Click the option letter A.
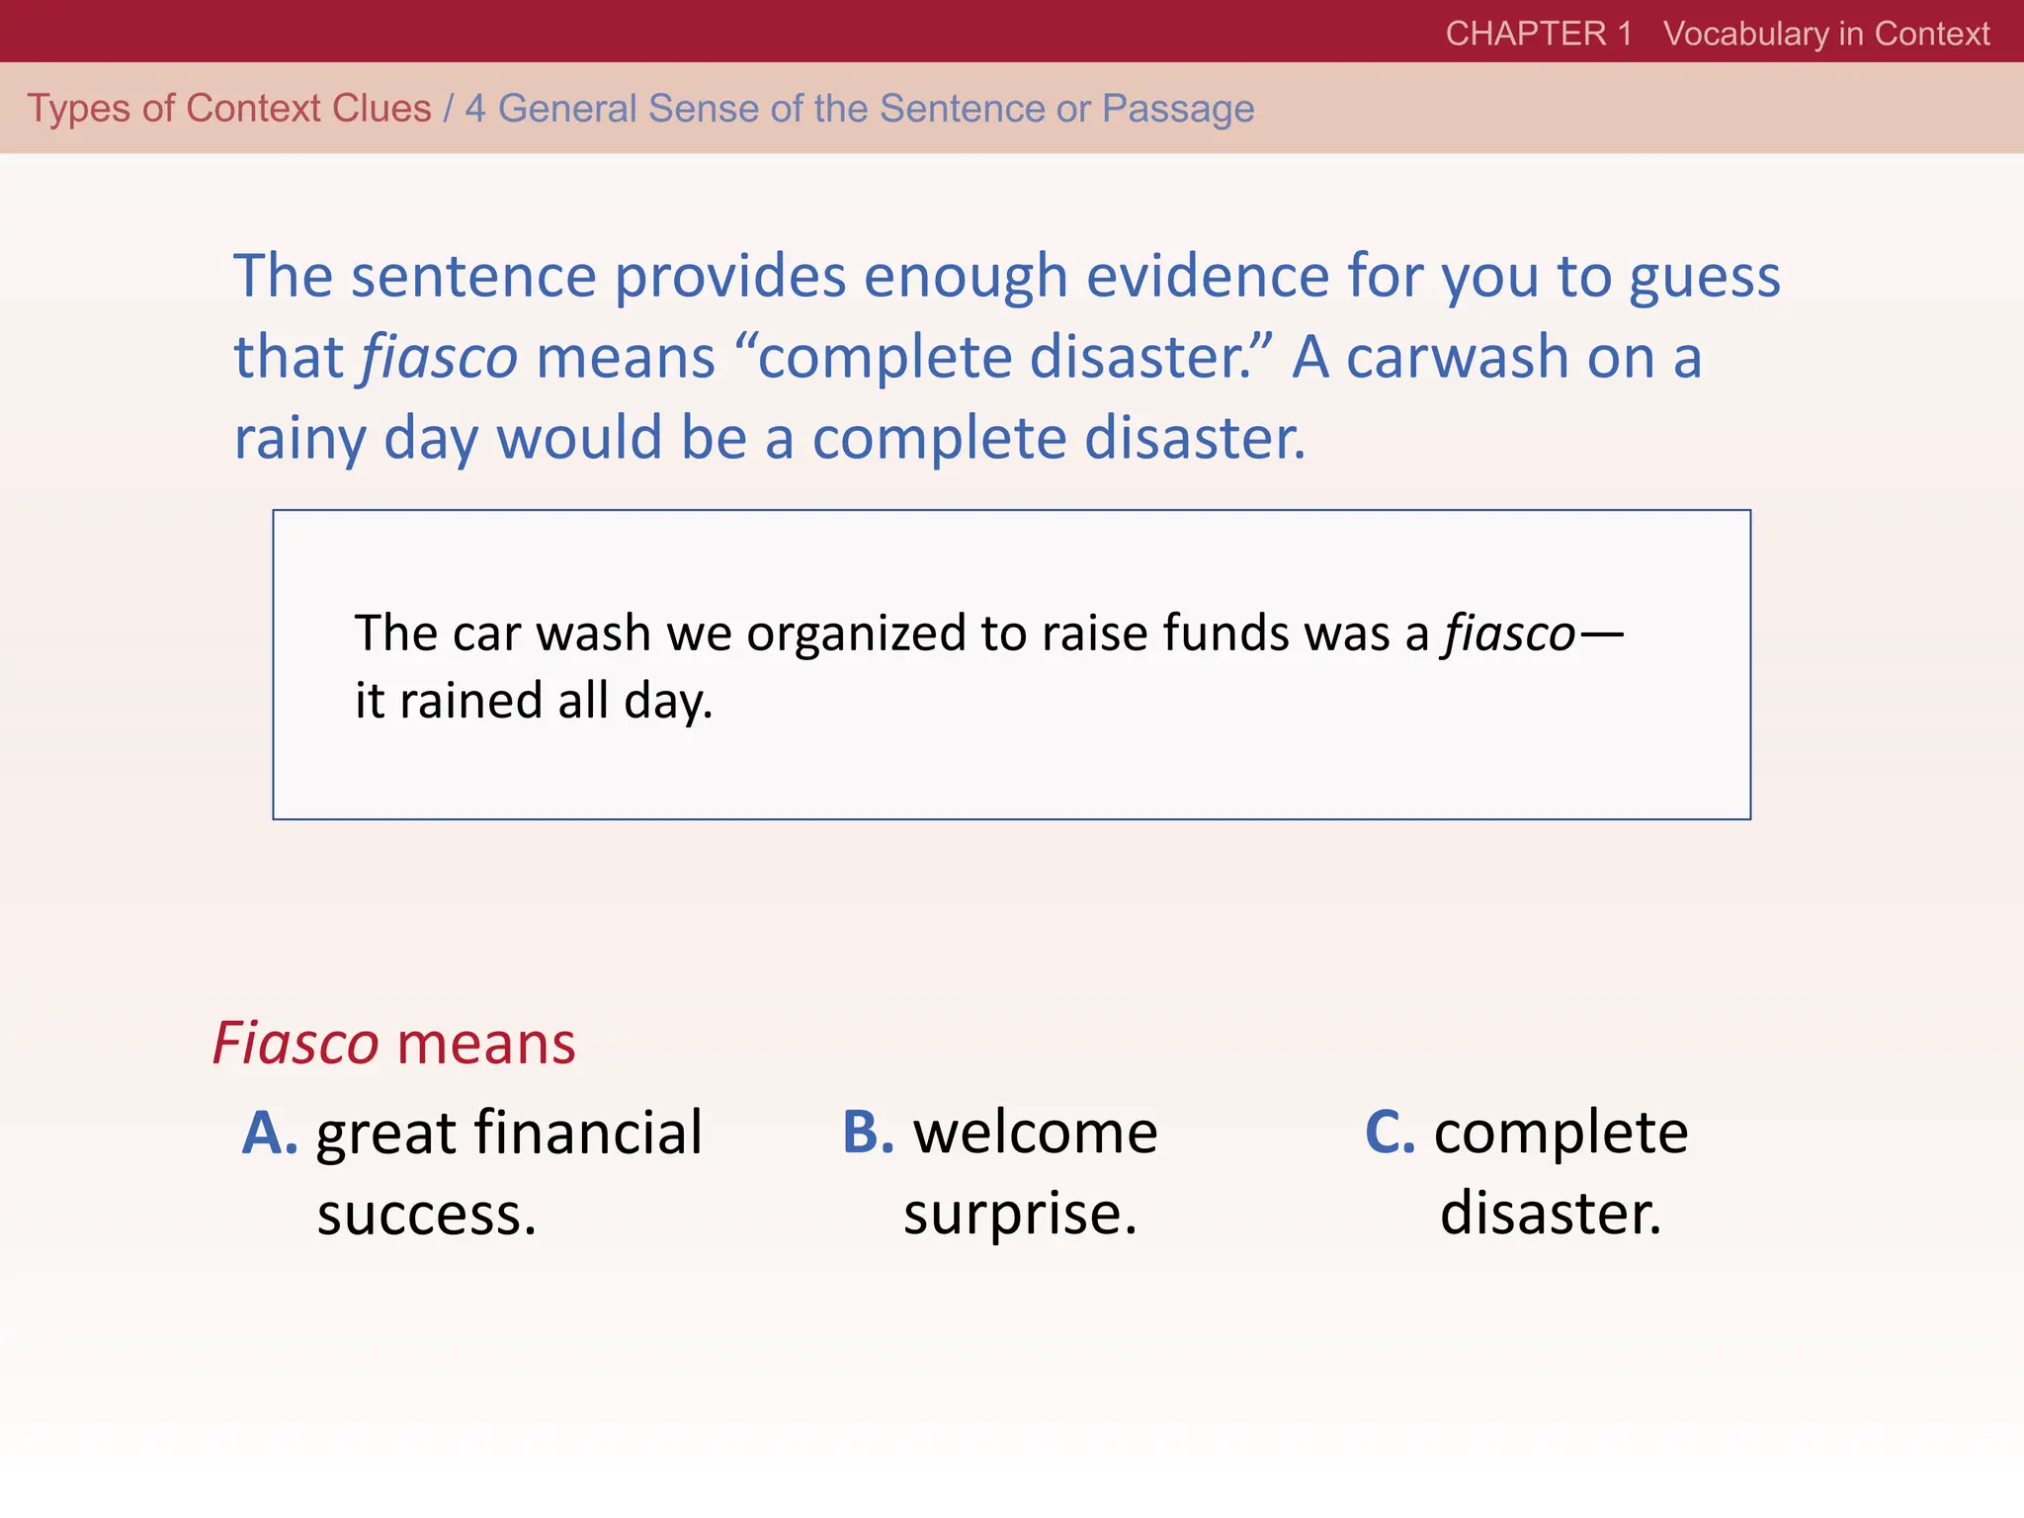point(269,1133)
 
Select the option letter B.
point(868,1133)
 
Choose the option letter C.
point(1390,1133)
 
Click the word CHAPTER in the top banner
point(1526,34)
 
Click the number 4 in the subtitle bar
point(475,109)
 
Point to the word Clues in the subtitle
point(380,109)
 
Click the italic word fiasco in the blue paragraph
point(439,357)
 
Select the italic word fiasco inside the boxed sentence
point(1509,633)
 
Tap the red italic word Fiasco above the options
point(295,1044)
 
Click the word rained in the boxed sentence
point(470,701)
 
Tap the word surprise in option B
point(1020,1214)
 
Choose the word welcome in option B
point(1035,1133)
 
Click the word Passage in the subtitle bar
point(1178,109)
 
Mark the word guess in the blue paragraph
point(1704,278)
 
